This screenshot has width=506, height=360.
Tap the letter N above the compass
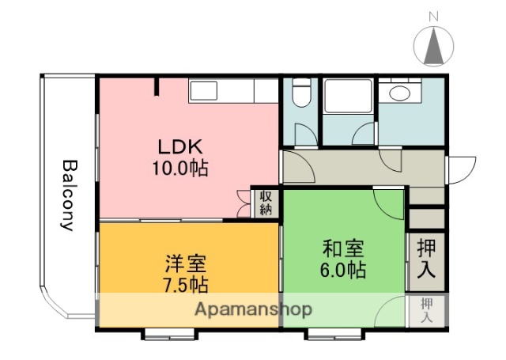click(x=433, y=15)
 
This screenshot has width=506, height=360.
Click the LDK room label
click(x=181, y=146)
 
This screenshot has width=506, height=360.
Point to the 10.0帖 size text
click(x=181, y=168)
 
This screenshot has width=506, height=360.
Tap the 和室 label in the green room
click(x=343, y=248)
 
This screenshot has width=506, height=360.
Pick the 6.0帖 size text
click(x=343, y=270)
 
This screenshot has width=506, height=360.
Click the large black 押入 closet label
click(x=425, y=258)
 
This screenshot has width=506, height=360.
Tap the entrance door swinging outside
click(x=460, y=169)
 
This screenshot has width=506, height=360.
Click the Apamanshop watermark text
click(x=254, y=309)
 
